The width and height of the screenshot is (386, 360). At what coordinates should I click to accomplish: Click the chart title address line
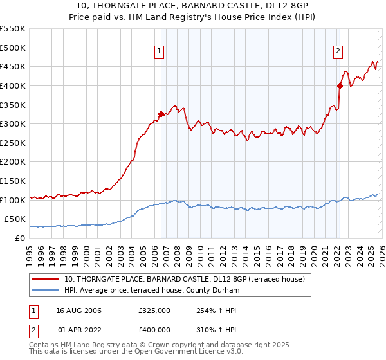pyautogui.click(x=192, y=6)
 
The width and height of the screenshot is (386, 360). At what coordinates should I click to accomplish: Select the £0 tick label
pyautogui.click(x=20, y=238)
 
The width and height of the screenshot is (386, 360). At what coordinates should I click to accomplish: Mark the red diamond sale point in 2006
pyautogui.click(x=161, y=114)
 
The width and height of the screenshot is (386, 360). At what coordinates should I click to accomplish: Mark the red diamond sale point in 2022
pyautogui.click(x=340, y=85)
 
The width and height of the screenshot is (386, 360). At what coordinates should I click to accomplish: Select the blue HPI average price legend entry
pyautogui.click(x=151, y=291)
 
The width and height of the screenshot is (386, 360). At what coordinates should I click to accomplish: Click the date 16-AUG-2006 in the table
pyautogui.click(x=78, y=310)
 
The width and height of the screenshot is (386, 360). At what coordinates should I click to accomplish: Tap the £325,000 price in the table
pyautogui.click(x=154, y=310)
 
